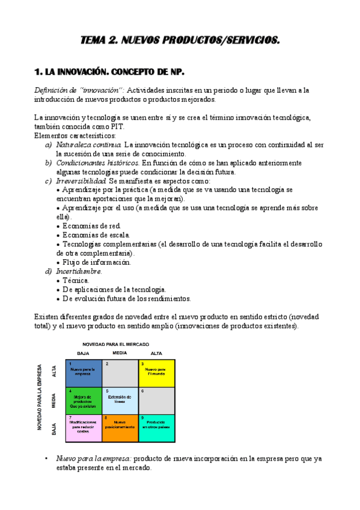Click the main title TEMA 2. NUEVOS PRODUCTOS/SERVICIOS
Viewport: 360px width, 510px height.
pos(180,41)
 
